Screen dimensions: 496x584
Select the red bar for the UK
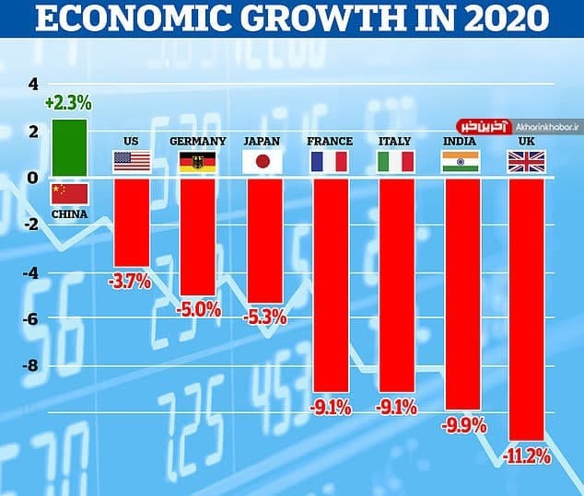click(x=525, y=309)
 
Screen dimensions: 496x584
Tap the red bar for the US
click(x=131, y=222)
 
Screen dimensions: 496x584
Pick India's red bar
click(x=460, y=294)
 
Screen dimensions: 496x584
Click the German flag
click(x=197, y=163)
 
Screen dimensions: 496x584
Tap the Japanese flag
click(x=262, y=163)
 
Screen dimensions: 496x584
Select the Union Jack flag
click(x=525, y=163)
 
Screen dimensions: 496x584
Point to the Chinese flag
click(x=69, y=193)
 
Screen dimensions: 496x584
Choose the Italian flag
click(x=394, y=163)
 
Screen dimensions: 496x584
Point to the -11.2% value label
click(x=526, y=456)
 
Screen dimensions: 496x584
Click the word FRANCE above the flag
click(x=329, y=142)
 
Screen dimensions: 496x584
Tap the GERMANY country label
click(x=197, y=142)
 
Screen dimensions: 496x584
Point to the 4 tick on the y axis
click(x=34, y=84)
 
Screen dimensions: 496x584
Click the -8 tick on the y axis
click(x=31, y=366)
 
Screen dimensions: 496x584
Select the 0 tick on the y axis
click(x=34, y=178)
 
